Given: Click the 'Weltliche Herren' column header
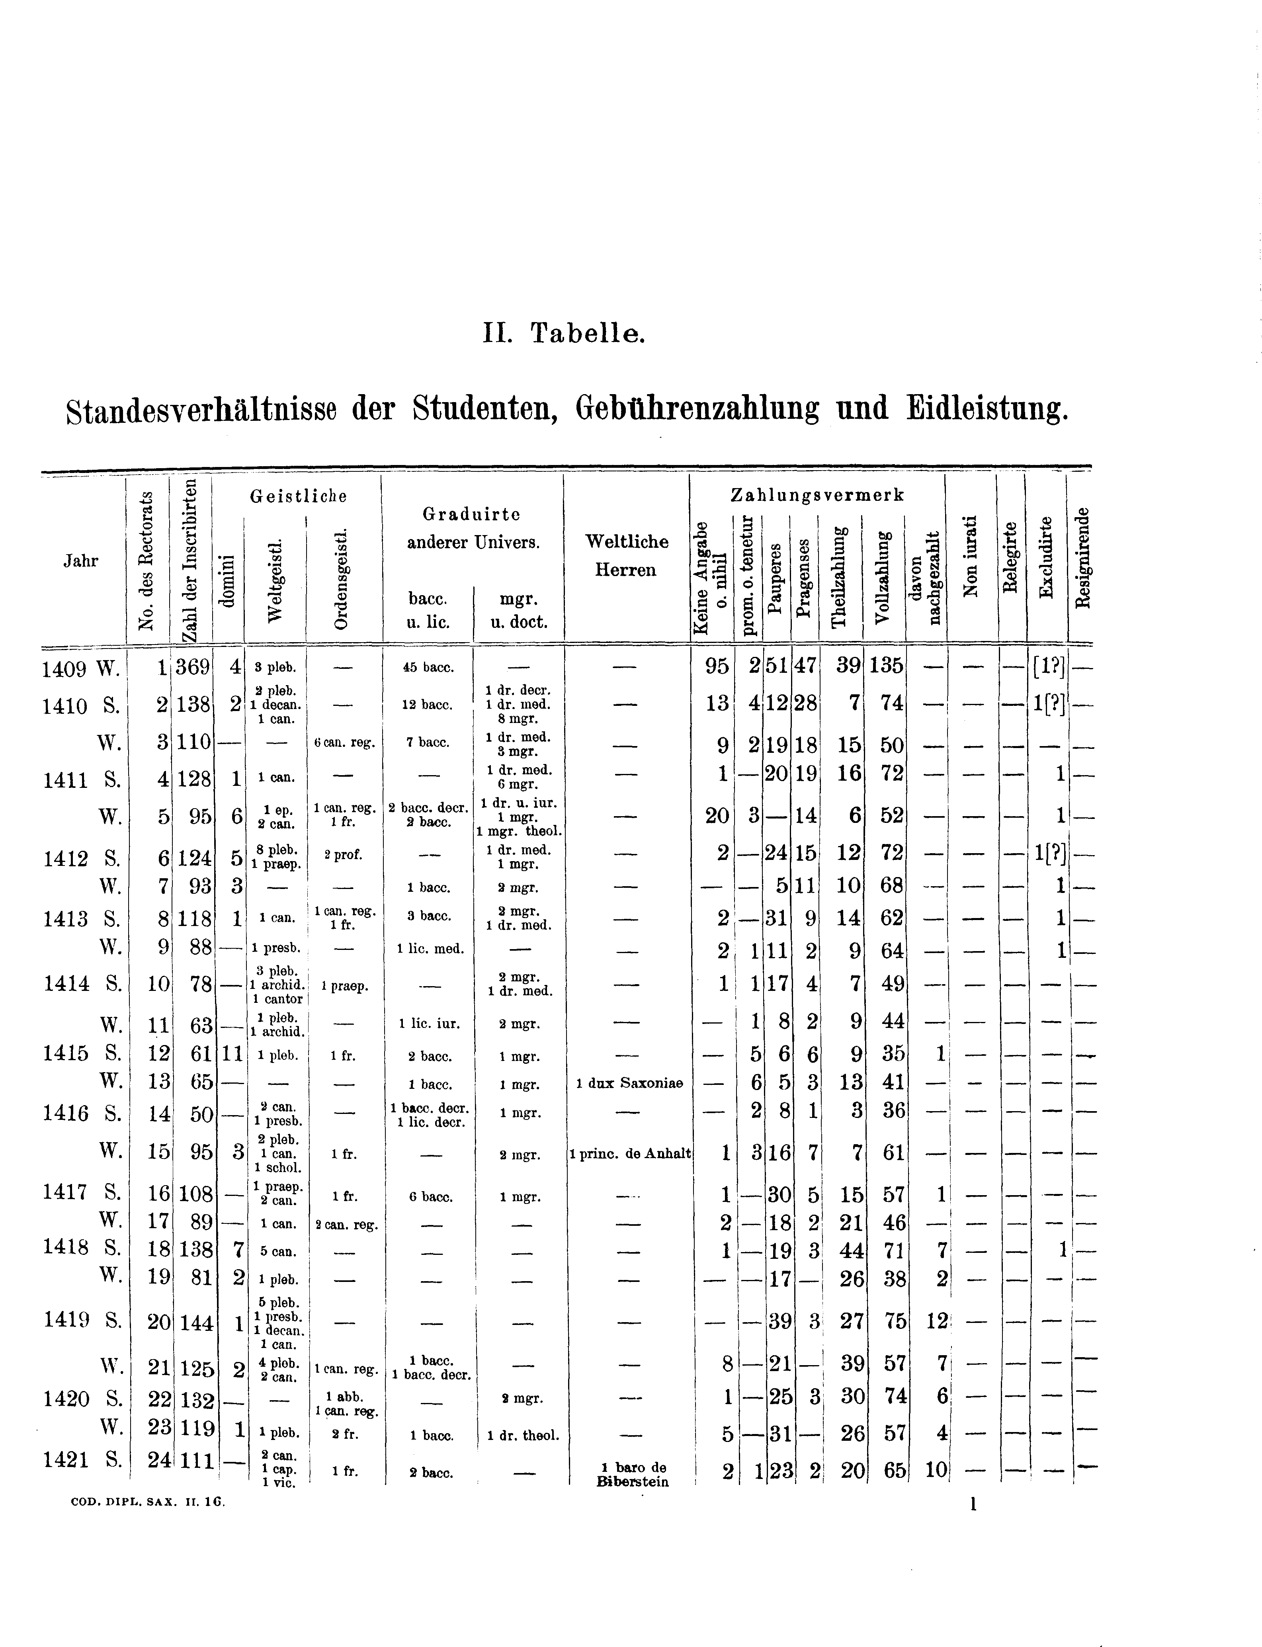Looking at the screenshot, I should click(x=627, y=556).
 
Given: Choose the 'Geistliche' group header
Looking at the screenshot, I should click(x=298, y=496).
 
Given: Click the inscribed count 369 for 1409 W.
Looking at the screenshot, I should click(x=192, y=666).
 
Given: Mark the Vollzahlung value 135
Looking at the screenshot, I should click(x=887, y=666).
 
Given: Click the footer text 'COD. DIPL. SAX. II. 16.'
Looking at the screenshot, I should click(x=148, y=1503).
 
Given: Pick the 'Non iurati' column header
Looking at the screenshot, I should click(x=971, y=557).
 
